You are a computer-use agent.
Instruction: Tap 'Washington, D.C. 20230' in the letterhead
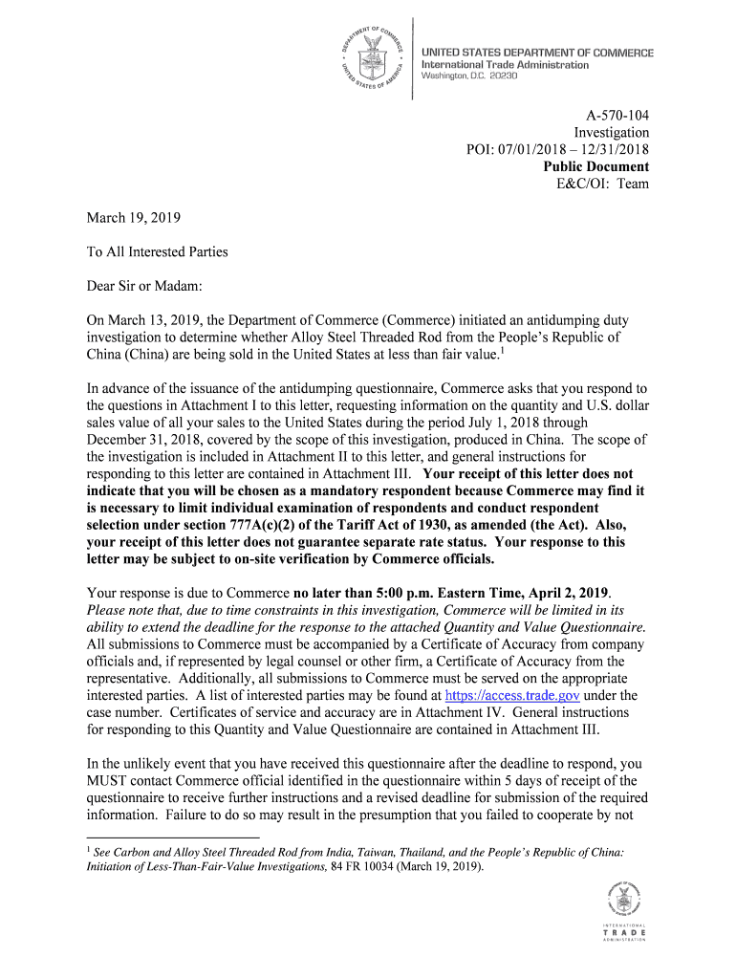pos(469,76)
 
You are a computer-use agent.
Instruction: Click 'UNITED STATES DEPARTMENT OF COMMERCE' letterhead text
pos(537,53)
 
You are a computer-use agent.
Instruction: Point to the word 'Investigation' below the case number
pos(611,132)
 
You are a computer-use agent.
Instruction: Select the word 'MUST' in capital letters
pos(109,781)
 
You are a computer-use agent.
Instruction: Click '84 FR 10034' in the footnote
pos(364,867)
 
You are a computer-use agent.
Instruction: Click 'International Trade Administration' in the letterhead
pos(505,65)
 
